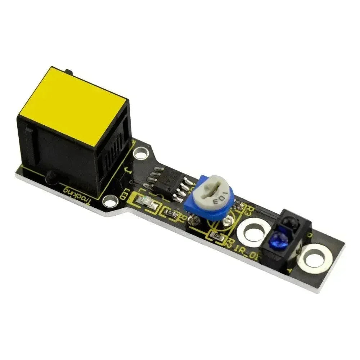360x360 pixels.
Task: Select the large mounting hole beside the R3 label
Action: click(253, 232)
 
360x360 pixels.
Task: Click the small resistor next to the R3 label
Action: click(240, 206)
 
